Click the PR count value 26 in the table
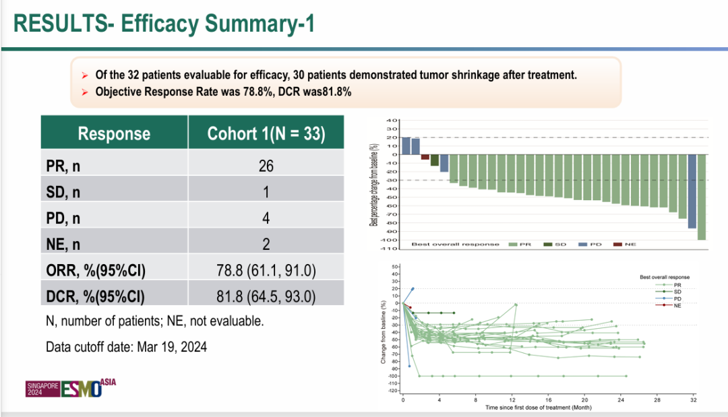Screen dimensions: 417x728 click(266, 166)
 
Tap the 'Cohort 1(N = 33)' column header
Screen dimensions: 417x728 click(266, 133)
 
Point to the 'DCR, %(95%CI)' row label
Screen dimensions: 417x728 click(96, 295)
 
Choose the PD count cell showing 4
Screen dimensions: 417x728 click(266, 218)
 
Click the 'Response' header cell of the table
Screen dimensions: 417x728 click(115, 133)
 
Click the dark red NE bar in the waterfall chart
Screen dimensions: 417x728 click(425, 157)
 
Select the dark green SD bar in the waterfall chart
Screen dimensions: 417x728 click(435, 160)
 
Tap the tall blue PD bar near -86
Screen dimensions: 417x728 click(692, 191)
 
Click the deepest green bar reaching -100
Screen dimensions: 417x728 click(702, 197)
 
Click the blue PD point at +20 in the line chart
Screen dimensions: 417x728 click(413, 289)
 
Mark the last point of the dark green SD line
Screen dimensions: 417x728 click(454, 313)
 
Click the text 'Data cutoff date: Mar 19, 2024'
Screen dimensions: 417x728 click(127, 348)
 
